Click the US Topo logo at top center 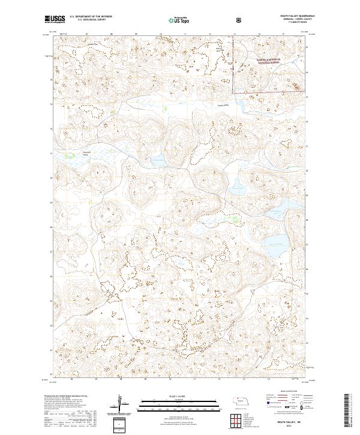[x=173, y=20]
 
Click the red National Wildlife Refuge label [x=254, y=61]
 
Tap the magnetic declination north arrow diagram [x=123, y=404]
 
